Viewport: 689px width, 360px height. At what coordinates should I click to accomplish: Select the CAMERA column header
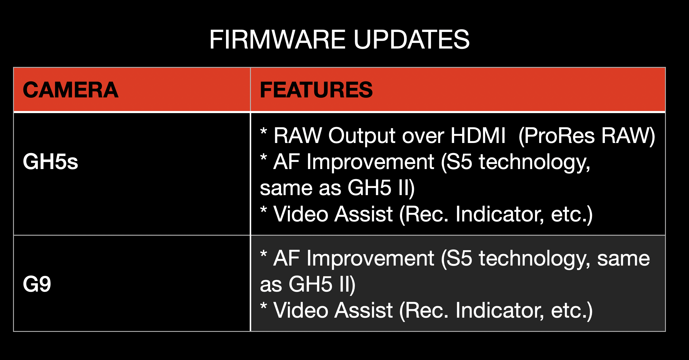point(70,90)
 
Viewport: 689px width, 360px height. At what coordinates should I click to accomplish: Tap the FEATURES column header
point(316,90)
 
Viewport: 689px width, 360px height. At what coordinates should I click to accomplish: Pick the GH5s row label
point(50,162)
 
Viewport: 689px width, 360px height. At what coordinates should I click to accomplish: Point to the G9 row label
point(37,284)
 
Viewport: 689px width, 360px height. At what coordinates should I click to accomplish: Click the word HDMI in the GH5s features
point(478,136)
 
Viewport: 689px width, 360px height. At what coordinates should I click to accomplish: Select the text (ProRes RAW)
point(587,136)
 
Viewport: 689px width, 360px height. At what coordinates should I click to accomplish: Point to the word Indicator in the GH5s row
point(500,214)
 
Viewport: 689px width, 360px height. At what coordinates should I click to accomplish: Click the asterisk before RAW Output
point(264,131)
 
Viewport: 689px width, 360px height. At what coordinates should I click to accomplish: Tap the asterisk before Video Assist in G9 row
point(264,306)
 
